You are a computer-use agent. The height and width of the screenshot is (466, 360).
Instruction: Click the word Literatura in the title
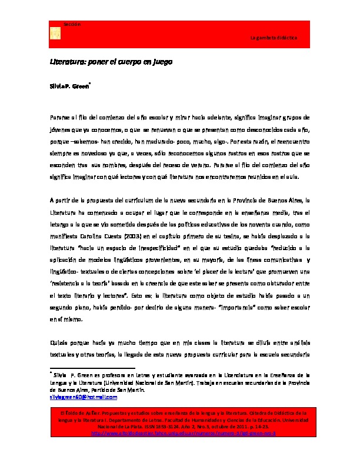point(66,61)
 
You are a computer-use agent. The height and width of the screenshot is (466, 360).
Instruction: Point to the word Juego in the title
point(160,61)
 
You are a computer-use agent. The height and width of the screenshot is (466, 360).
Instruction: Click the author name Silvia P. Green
point(69,86)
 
